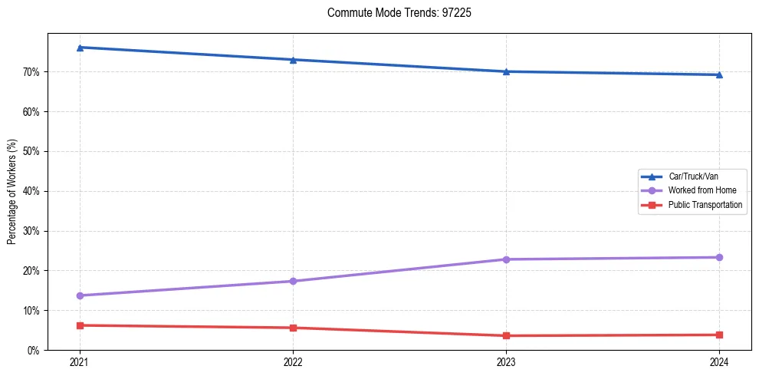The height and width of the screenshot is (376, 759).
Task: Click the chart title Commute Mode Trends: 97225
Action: click(x=393, y=13)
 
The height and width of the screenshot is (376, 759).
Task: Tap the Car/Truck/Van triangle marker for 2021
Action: click(x=80, y=48)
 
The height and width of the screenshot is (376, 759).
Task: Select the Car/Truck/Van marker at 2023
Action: click(x=506, y=71)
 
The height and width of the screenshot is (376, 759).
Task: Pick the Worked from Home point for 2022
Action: click(x=293, y=281)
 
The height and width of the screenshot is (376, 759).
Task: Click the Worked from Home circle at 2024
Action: click(x=719, y=257)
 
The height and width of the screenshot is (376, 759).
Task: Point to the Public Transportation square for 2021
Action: click(x=80, y=325)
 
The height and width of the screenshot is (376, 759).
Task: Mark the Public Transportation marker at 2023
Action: click(x=506, y=335)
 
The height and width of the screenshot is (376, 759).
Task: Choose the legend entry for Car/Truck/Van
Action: click(x=692, y=176)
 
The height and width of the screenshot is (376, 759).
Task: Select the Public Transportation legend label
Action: click(x=705, y=205)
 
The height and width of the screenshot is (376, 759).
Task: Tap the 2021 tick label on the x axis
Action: click(x=80, y=361)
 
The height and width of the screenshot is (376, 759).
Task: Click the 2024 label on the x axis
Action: click(x=719, y=361)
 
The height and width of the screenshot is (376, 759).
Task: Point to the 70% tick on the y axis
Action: click(x=31, y=72)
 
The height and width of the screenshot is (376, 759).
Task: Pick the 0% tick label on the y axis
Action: click(x=34, y=351)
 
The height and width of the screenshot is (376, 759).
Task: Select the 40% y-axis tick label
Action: click(x=31, y=191)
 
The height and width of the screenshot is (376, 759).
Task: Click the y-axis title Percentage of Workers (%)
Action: click(x=12, y=192)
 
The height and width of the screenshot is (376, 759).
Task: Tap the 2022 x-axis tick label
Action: click(x=293, y=361)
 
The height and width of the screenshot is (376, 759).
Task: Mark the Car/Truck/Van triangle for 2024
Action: click(x=719, y=74)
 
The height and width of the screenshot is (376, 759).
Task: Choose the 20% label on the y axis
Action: click(x=31, y=271)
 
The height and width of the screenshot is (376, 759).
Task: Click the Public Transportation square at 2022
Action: click(x=293, y=328)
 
